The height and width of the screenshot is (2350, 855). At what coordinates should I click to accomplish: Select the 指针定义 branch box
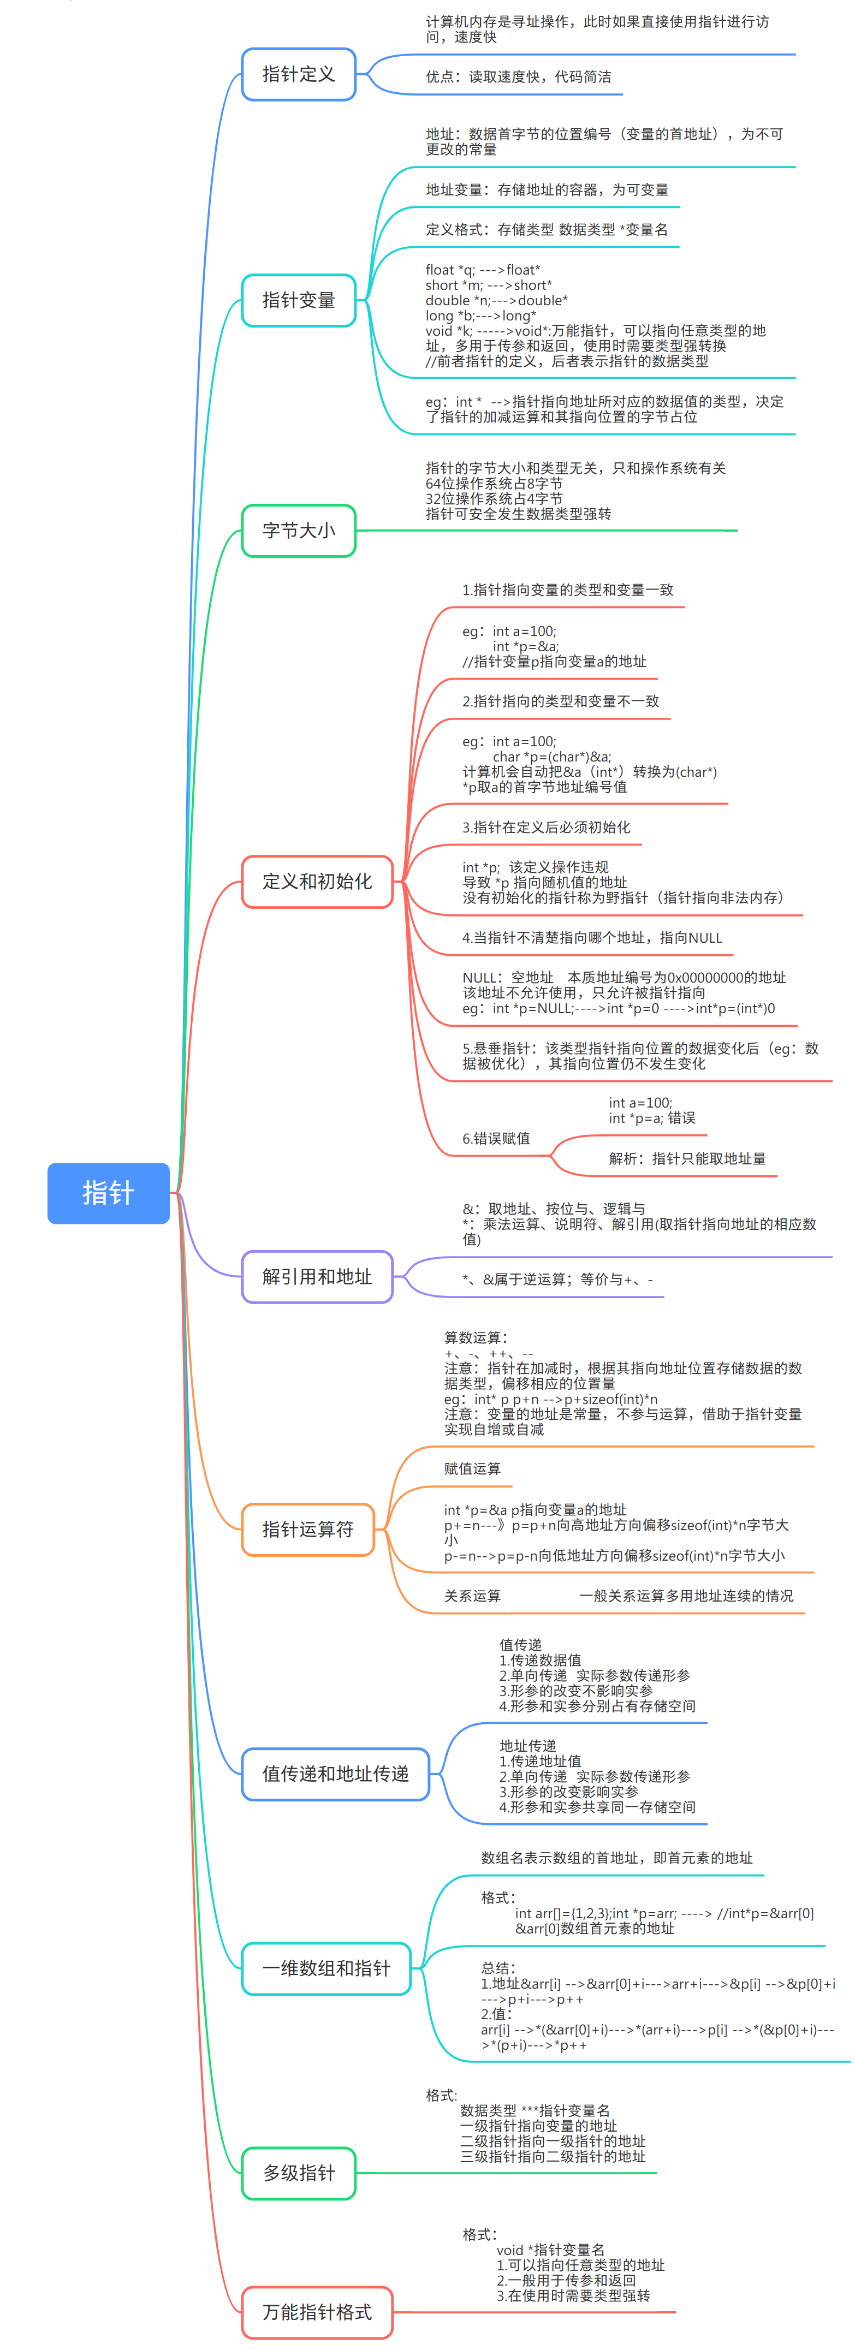299,74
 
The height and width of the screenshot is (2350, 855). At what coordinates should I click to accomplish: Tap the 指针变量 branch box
299,300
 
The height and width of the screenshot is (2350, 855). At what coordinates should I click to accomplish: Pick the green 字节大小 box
299,530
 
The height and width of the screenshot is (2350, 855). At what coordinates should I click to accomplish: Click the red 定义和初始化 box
317,881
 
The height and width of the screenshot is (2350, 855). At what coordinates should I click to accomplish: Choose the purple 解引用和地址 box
317,1276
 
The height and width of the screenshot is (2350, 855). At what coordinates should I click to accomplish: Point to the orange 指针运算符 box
307,1529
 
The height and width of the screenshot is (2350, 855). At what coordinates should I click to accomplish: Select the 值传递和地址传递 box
335,1774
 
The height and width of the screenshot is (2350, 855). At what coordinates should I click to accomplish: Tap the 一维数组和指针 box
326,1968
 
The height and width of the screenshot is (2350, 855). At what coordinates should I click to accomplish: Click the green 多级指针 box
299,2173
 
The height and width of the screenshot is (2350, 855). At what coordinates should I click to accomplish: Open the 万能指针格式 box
317,2312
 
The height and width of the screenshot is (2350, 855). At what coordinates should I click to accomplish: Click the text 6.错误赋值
496,1139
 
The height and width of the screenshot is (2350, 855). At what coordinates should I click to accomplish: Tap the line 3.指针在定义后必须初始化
545,828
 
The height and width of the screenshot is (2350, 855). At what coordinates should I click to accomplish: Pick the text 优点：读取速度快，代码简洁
518,76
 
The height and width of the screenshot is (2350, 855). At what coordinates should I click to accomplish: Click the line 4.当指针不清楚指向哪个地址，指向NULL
591,938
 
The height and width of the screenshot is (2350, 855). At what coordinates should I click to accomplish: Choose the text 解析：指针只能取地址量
687,1158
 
